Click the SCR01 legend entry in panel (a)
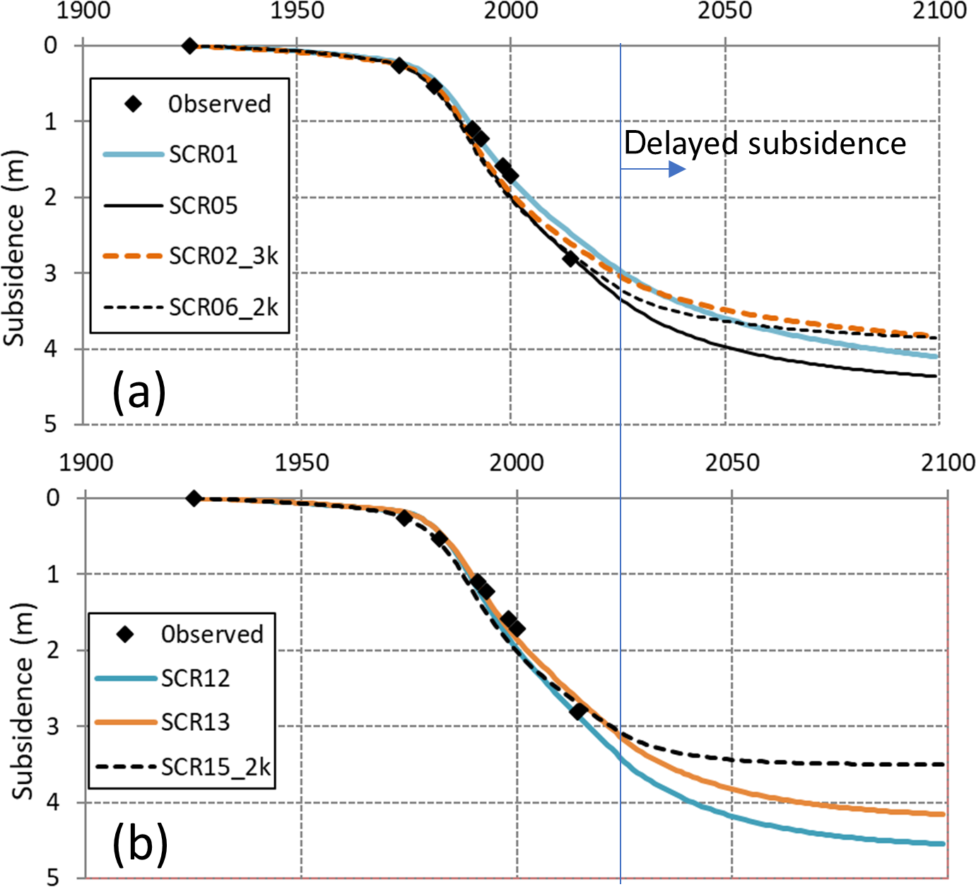pyautogui.click(x=203, y=154)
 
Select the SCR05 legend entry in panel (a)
pyautogui.click(x=203, y=206)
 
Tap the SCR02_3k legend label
pyautogui.click(x=223, y=256)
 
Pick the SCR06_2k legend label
pyautogui.click(x=223, y=307)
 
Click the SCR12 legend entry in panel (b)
pyautogui.click(x=195, y=679)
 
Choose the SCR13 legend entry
pyautogui.click(x=195, y=722)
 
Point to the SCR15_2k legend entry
pyautogui.click(x=216, y=767)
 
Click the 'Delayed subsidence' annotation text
pyautogui.click(x=764, y=143)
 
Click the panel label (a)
pyautogui.click(x=139, y=392)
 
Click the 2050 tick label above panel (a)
pyautogui.click(x=725, y=11)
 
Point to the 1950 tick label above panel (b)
pyautogui.click(x=302, y=463)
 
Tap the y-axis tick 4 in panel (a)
pyautogui.click(x=50, y=348)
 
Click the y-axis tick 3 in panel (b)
pyautogui.click(x=53, y=726)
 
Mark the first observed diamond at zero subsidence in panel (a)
pyautogui.click(x=189, y=46)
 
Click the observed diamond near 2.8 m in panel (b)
pyautogui.click(x=578, y=711)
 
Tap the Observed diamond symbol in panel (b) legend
pyautogui.click(x=126, y=634)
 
